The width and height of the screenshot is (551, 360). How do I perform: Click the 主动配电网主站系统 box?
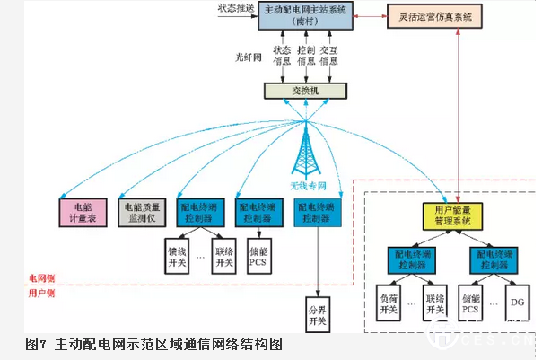[305, 15]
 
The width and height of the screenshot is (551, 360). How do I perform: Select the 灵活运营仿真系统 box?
[429, 16]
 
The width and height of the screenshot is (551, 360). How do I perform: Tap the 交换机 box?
[304, 91]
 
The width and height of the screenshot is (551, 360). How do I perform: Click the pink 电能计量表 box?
[83, 210]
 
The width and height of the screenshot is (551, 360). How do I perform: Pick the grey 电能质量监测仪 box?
[144, 210]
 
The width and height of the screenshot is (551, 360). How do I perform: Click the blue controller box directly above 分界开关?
[316, 212]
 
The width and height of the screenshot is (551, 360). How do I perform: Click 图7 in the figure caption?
[36, 344]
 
